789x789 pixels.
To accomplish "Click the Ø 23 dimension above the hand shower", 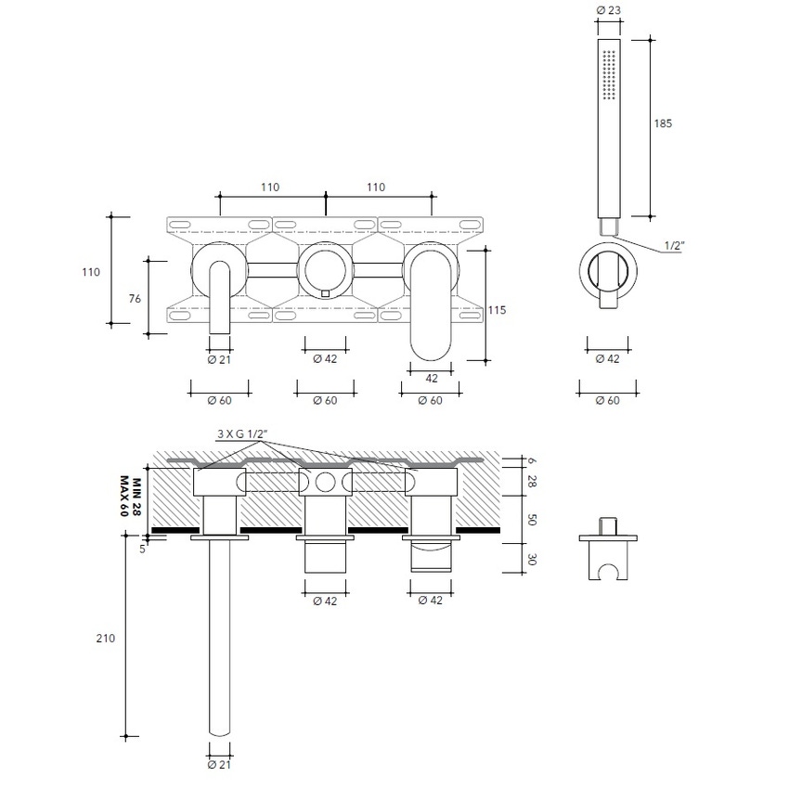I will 608,10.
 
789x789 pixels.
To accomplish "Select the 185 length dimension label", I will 663,123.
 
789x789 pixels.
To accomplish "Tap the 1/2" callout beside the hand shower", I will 676,246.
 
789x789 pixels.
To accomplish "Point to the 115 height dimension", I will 497,310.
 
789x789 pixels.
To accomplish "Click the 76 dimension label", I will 135,298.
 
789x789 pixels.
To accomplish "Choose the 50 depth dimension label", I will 532,520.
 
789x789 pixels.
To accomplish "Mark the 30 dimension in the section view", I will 532,559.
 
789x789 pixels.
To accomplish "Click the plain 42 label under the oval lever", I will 431,378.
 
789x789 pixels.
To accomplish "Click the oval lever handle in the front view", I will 430,302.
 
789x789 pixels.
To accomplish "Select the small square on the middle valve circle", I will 324,293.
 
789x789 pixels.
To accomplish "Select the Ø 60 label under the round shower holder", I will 608,400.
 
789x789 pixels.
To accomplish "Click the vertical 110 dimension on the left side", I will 90,272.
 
